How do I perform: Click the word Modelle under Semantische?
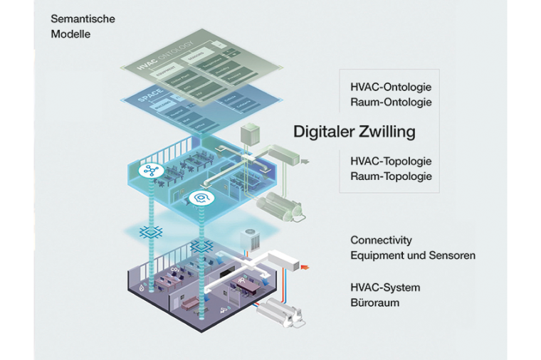(x=70, y=33)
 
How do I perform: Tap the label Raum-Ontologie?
(x=391, y=102)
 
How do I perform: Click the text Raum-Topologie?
(x=391, y=176)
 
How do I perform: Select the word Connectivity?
(x=381, y=240)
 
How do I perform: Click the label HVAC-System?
(x=385, y=287)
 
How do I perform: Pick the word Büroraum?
(x=374, y=302)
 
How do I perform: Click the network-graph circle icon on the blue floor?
(x=150, y=171)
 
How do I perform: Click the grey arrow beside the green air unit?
(x=306, y=162)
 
